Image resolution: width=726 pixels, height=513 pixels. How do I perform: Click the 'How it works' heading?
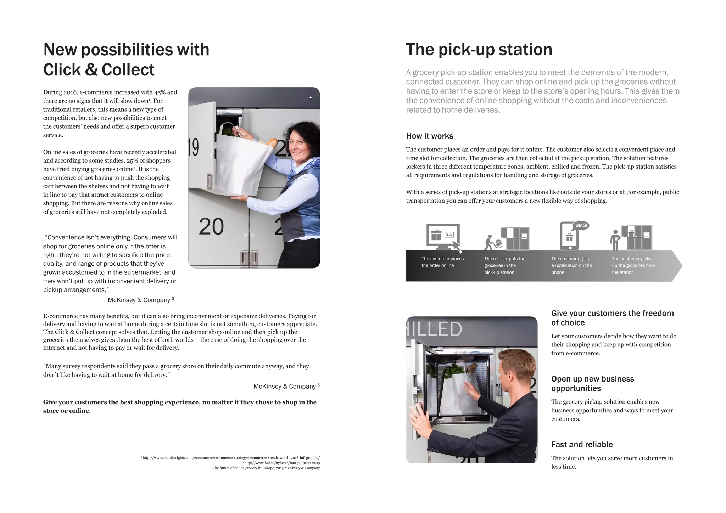click(429, 136)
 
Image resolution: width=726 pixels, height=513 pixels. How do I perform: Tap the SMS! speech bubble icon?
click(581, 225)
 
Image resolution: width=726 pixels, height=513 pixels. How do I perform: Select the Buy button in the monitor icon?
click(449, 235)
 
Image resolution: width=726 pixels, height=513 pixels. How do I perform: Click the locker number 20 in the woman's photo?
click(211, 226)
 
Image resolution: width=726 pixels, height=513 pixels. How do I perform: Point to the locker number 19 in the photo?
click(193, 147)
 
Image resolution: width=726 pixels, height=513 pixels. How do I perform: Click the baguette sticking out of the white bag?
click(272, 143)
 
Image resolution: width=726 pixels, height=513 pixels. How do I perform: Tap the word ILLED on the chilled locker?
click(435, 329)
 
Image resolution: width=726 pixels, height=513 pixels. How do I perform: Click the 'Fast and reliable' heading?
click(582, 445)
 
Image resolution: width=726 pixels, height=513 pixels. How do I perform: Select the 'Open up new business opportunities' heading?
click(592, 384)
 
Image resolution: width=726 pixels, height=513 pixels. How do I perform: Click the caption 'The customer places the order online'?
click(442, 262)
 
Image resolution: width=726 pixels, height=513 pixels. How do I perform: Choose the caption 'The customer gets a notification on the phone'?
click(571, 265)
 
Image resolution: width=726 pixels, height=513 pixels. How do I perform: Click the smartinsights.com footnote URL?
click(231, 458)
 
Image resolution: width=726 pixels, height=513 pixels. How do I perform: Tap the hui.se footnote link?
click(282, 463)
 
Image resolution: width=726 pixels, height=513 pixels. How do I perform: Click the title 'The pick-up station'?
click(479, 50)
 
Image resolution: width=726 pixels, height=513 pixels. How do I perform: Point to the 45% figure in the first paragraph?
click(160, 92)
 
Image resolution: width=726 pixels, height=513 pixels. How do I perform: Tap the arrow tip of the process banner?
click(682, 266)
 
